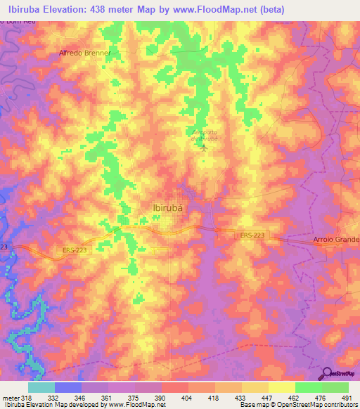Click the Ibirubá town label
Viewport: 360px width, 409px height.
point(172,207)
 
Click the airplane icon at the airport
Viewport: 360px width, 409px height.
point(204,147)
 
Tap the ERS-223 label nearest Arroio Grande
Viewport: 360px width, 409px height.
point(252,236)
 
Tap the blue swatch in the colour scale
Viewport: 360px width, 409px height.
point(67,387)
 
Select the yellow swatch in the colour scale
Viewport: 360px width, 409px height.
point(281,387)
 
